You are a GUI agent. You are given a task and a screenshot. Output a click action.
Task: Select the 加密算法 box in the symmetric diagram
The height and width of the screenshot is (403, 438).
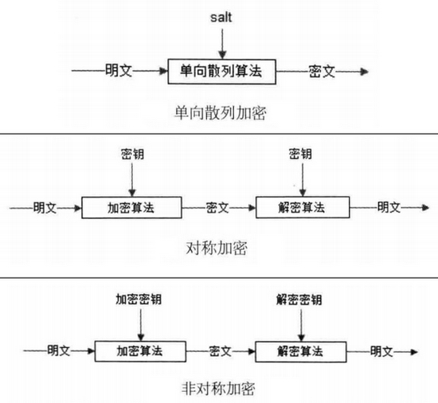(x=133, y=208)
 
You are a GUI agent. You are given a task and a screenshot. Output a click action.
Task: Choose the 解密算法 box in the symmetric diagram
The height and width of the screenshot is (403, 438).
(x=303, y=208)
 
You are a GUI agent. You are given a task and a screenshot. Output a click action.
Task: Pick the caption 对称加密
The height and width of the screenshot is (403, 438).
(x=218, y=248)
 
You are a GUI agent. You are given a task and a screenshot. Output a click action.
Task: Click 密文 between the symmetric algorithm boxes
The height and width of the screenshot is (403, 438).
(x=217, y=208)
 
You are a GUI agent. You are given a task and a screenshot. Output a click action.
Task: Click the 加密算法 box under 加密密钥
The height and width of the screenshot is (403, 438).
(x=139, y=350)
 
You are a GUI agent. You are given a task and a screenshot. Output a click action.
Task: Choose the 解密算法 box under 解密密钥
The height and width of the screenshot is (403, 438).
(x=301, y=350)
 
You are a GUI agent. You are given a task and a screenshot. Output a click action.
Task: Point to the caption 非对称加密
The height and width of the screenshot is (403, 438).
(x=219, y=389)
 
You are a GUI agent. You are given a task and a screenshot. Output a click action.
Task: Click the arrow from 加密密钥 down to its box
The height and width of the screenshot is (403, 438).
(x=139, y=324)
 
